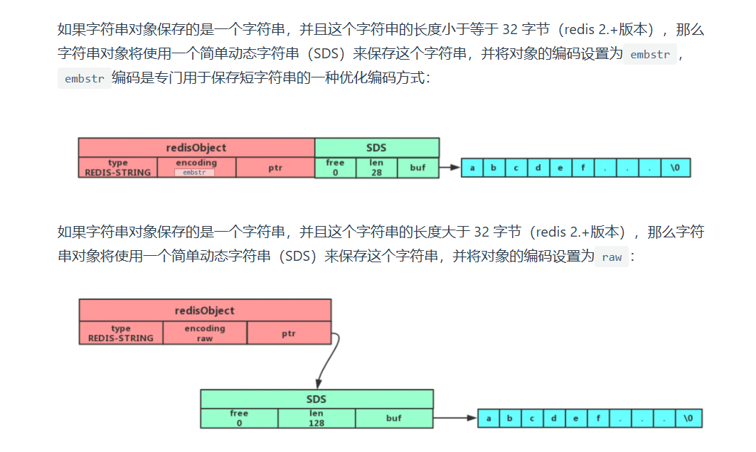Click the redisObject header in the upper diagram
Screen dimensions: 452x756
click(196, 147)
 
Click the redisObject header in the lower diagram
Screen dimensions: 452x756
click(205, 311)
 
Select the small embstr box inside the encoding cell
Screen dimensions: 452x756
click(194, 172)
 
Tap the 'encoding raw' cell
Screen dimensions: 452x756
click(205, 333)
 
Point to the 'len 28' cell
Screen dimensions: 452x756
click(376, 167)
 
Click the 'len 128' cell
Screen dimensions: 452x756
click(316, 418)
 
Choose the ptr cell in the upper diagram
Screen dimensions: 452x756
click(275, 168)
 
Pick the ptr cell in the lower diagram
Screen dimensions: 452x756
click(289, 333)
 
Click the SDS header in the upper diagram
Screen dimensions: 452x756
click(376, 147)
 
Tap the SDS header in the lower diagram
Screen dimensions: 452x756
click(316, 399)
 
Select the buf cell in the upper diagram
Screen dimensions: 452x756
click(417, 167)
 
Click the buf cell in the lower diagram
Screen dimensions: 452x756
click(394, 418)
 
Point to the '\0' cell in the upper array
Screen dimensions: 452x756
click(675, 168)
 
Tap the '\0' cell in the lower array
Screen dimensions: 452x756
click(688, 419)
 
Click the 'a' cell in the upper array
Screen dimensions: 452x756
click(472, 168)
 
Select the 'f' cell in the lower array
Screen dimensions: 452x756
click(599, 419)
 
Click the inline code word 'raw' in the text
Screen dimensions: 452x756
click(612, 257)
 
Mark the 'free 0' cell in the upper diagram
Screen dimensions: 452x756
click(335, 167)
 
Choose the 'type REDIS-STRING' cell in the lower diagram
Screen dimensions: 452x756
click(121, 333)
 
